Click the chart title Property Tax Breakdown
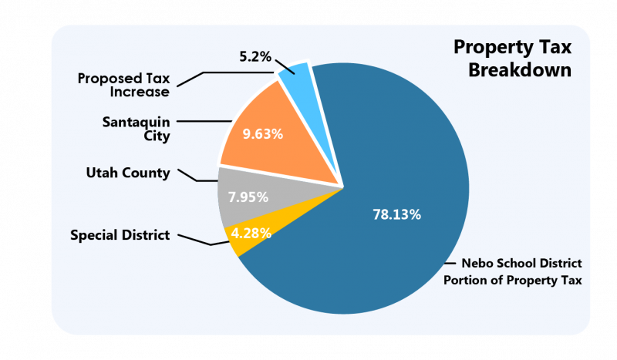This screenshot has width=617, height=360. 512,59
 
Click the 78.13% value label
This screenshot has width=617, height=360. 396,215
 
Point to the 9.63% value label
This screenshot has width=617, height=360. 263,133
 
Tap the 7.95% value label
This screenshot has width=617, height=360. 248,197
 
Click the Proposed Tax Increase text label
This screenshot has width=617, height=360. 123,86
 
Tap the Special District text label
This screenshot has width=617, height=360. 120,235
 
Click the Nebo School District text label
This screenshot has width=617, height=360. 512,271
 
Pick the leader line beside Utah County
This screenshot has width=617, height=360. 193,177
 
